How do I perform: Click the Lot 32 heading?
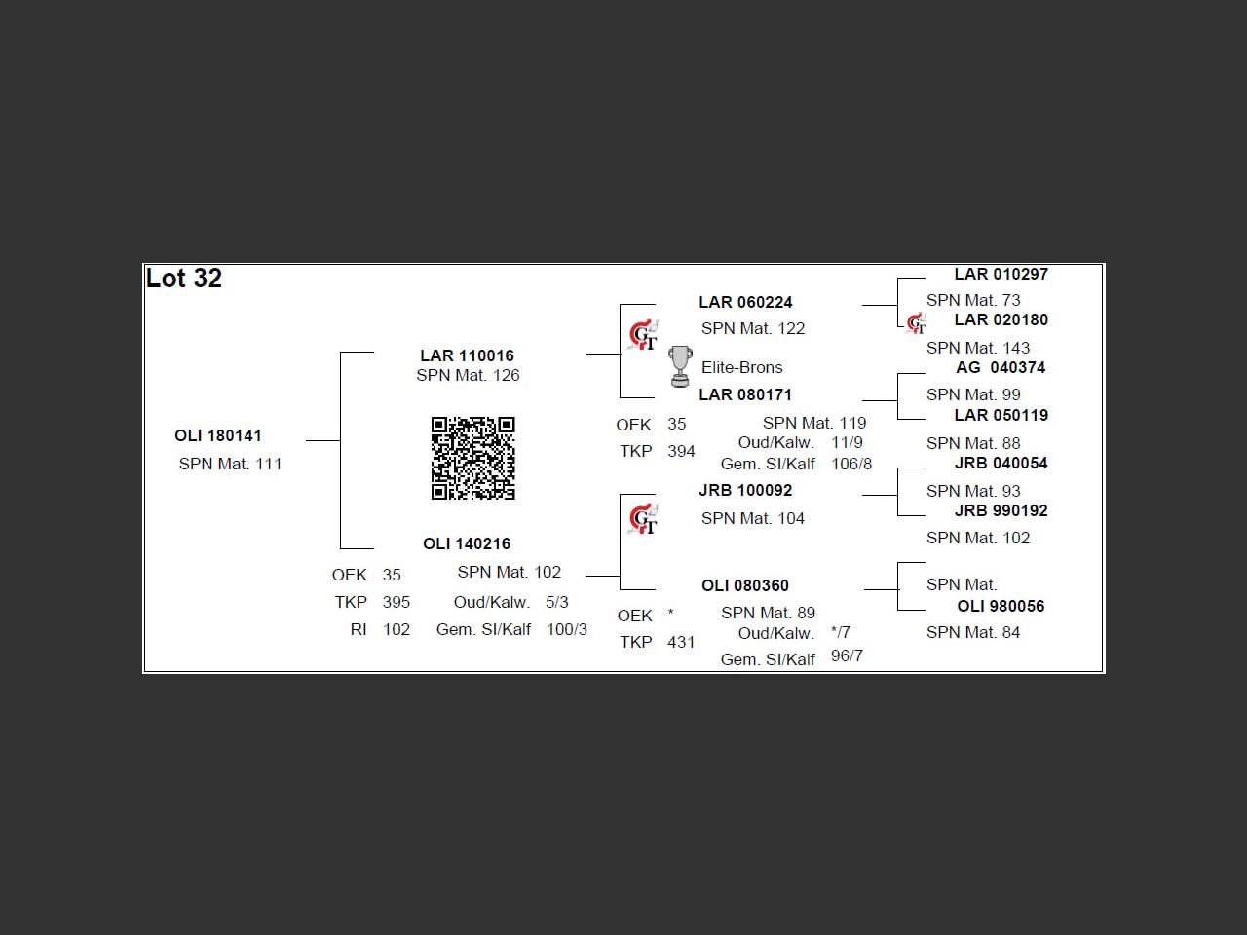184,279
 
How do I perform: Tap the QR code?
473,458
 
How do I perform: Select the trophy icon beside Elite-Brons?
680,366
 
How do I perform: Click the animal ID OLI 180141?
218,435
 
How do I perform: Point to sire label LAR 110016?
467,355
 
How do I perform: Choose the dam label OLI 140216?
467,543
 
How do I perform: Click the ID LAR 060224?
745,302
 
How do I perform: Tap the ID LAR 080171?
745,394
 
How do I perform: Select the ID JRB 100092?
745,490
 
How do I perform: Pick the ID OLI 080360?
745,585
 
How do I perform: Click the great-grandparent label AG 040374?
1001,367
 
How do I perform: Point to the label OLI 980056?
1001,606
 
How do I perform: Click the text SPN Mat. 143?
978,348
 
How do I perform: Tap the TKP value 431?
681,642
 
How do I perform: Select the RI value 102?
397,629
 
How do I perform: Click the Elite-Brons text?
742,367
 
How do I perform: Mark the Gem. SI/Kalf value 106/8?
851,464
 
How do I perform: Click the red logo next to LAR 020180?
916,323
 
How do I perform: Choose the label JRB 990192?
1001,510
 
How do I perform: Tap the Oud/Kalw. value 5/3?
557,602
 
